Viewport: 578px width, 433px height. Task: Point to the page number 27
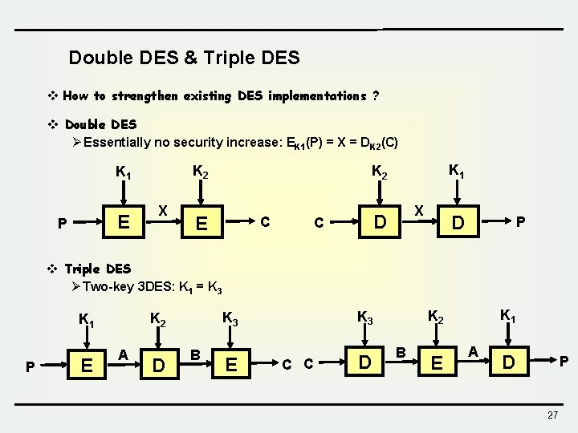point(552,415)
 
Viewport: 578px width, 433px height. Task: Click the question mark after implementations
point(376,96)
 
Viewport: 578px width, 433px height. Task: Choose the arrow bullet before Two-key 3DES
point(75,287)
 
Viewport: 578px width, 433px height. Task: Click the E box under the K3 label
point(231,366)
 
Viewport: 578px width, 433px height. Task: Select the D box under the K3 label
point(365,363)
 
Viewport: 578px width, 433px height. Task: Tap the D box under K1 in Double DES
point(457,221)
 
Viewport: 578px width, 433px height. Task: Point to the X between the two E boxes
point(162,209)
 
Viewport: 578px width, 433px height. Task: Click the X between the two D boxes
point(418,208)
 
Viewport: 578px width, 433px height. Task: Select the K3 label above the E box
point(230,318)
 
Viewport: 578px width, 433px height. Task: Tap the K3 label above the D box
point(364,318)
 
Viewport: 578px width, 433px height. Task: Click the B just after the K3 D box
point(401,350)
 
